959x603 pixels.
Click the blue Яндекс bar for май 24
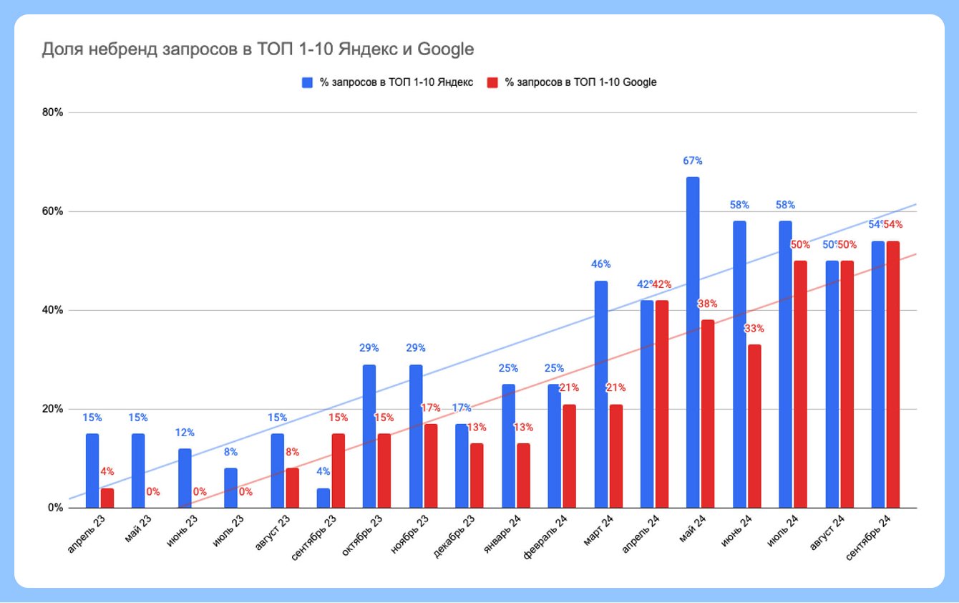[693, 342]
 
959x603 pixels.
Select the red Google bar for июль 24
[800, 384]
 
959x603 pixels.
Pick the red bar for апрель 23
[107, 498]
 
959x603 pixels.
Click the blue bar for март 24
[601, 394]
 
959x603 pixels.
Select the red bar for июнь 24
[754, 426]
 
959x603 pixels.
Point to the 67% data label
[693, 161]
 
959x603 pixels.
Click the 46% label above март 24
[601, 264]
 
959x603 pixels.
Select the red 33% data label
[755, 329]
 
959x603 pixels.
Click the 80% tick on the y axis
[53, 112]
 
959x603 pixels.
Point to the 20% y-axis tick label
[53, 409]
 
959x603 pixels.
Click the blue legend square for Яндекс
[307, 82]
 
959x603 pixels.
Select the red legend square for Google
[492, 82]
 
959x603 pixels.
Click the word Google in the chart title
[445, 49]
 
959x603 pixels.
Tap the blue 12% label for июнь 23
[185, 433]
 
